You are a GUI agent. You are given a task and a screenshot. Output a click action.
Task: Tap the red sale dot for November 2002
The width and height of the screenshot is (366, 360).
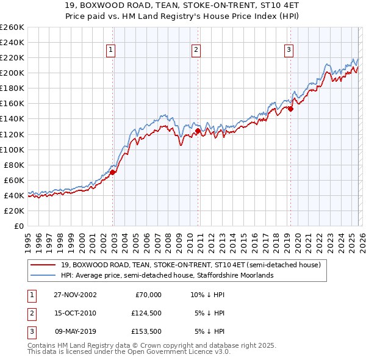pos(113,172)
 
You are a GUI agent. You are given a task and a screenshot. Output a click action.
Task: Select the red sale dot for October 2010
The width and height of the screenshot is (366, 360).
pos(198,131)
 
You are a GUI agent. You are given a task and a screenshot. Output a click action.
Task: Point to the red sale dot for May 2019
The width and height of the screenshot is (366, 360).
pos(290,109)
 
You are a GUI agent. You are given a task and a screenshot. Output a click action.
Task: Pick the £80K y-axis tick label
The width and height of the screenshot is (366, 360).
pos(14,165)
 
